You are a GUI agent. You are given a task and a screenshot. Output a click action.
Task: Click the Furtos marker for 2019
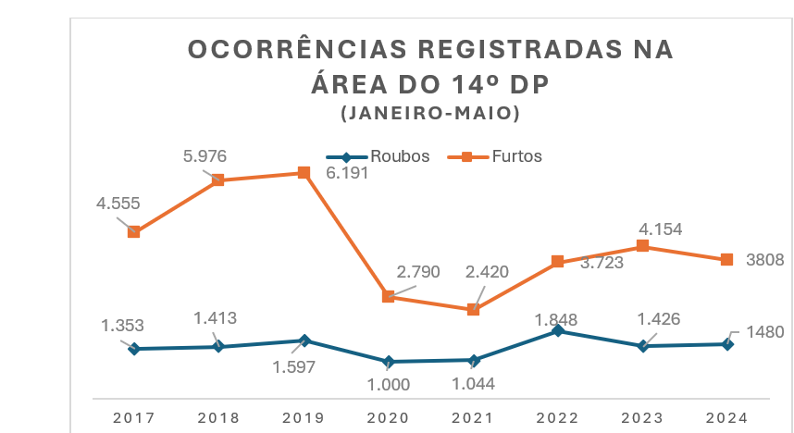pos(304,173)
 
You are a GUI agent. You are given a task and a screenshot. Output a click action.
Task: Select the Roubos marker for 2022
pos(557,330)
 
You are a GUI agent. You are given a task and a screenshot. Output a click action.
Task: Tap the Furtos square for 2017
pos(134,232)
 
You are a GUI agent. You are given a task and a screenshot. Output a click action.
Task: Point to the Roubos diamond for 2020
pos(389,362)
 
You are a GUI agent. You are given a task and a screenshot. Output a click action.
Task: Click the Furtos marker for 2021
pos(473,310)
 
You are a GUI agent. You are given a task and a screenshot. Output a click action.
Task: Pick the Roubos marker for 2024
pos(727,344)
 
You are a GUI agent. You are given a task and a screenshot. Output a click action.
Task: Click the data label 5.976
pos(205,155)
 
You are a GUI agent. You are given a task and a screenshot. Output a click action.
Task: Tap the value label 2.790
pos(417,272)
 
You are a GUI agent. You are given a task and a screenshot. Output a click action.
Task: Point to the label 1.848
pos(555,319)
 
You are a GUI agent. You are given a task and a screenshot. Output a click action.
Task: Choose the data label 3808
pos(765,260)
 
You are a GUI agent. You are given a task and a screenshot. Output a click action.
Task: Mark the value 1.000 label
pos(389,382)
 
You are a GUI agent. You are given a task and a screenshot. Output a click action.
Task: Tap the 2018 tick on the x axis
pos(218,417)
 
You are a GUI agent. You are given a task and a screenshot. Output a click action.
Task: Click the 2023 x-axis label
pos(642,417)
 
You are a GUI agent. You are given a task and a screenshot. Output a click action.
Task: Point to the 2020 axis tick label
pos(389,417)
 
